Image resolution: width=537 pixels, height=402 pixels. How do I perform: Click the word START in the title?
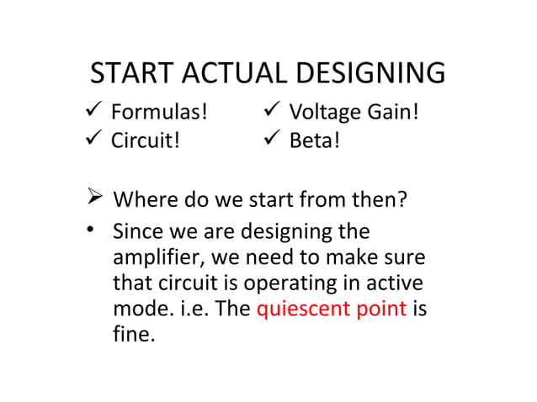[127, 74]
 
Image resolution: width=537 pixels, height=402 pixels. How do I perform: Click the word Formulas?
[160, 113]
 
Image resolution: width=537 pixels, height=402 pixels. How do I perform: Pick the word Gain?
[392, 113]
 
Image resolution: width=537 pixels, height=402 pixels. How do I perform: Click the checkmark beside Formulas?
[95, 112]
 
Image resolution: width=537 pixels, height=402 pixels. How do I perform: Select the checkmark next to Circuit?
[95, 138]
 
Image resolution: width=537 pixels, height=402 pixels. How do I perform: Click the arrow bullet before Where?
[95, 200]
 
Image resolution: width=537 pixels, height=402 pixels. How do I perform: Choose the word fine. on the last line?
[135, 334]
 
